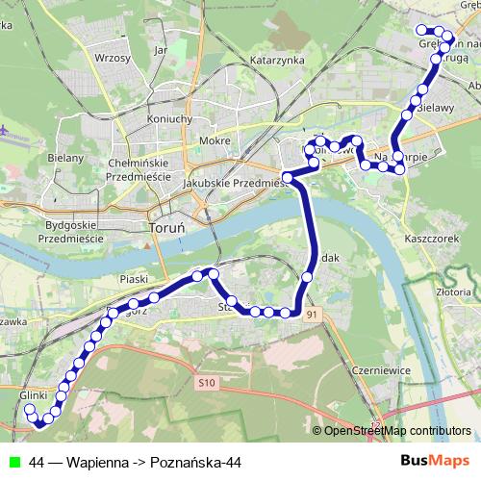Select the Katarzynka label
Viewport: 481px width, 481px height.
click(x=276, y=60)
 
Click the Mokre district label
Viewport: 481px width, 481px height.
click(x=214, y=140)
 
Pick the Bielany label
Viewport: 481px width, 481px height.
click(x=65, y=157)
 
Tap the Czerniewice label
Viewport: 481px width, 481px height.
click(x=381, y=369)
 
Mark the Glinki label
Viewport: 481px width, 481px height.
click(x=33, y=395)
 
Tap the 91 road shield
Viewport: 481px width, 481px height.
click(x=310, y=315)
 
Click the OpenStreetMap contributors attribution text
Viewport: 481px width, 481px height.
click(x=397, y=430)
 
